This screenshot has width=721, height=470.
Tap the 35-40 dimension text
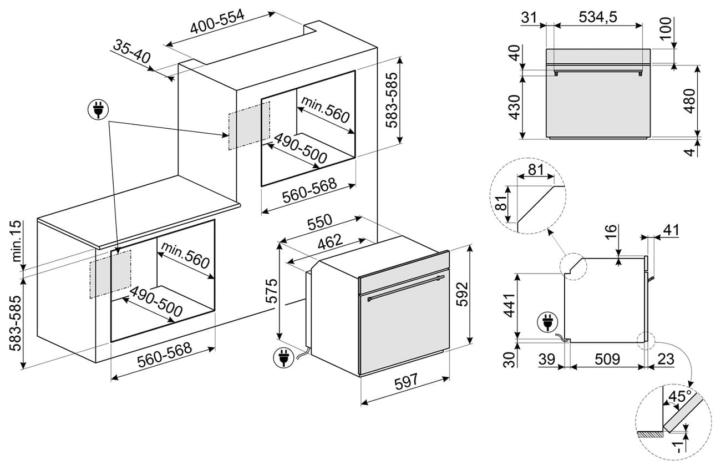[132, 52]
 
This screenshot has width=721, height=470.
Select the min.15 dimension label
[17, 242]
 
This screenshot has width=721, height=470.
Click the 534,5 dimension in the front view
[598, 17]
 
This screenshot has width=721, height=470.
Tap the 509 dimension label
[607, 359]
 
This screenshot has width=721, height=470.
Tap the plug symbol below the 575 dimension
[283, 357]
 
